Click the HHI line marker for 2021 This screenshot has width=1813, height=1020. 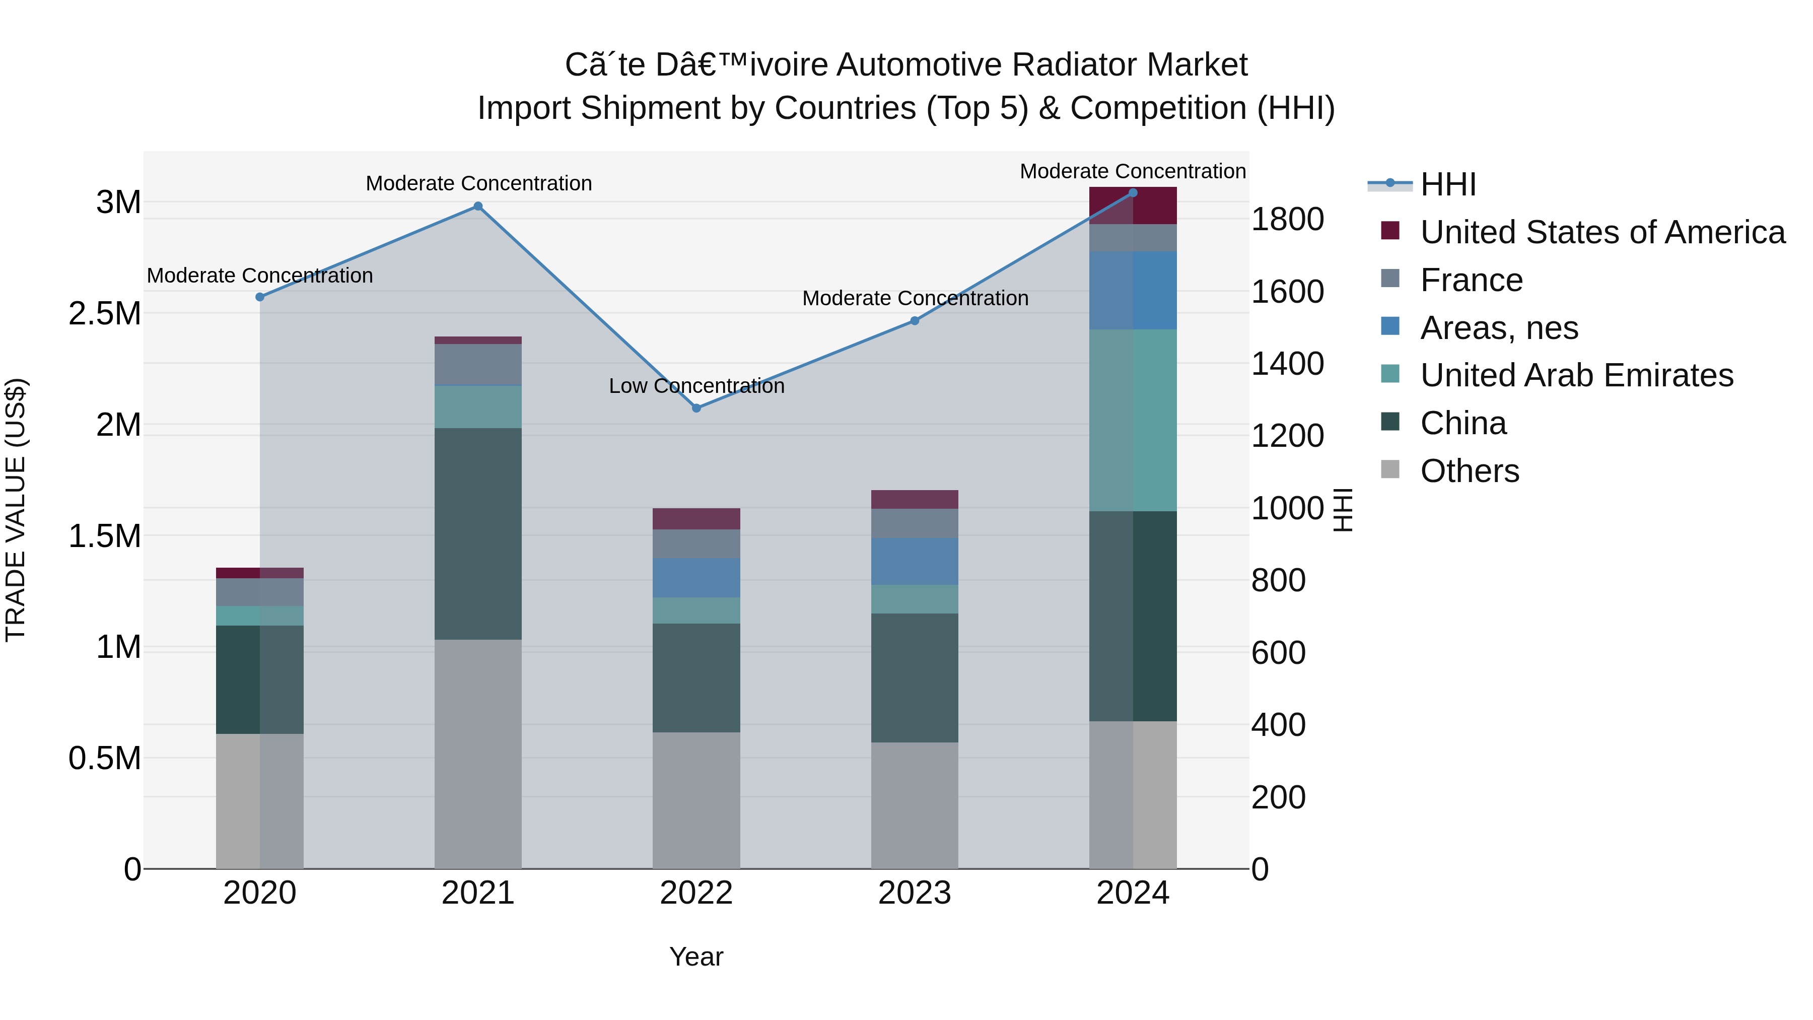coord(478,206)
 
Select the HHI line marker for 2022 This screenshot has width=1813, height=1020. coord(696,409)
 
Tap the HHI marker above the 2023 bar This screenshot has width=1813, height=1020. coord(914,321)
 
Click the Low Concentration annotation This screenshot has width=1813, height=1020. coord(696,386)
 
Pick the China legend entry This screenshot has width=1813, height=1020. coord(1462,423)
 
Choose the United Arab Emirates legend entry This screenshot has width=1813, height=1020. coord(1576,375)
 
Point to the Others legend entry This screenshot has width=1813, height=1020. coord(1469,471)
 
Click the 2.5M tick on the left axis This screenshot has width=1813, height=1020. coord(105,313)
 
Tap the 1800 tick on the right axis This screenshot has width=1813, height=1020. coord(1287,220)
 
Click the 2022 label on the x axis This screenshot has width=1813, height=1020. coord(696,893)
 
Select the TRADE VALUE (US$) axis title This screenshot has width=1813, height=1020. coord(16,510)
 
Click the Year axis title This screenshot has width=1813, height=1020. coord(696,957)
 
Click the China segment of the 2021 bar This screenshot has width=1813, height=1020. coord(478,533)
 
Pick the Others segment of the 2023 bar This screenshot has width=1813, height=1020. coord(914,805)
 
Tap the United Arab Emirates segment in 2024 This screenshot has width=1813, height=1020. coord(1133,420)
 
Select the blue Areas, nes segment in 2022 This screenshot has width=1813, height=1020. coord(696,578)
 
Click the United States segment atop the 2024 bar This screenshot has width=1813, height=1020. coord(1133,206)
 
